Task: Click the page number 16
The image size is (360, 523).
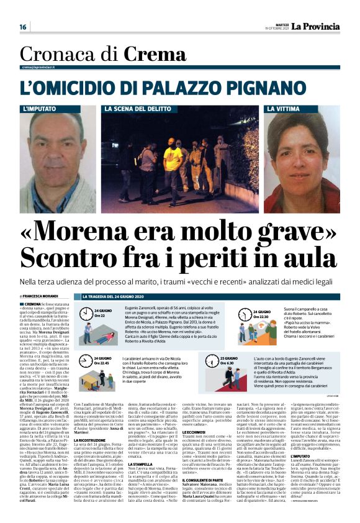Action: point(23,27)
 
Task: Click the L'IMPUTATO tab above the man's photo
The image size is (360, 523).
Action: point(38,109)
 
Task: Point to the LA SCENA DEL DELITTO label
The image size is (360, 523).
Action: point(134,109)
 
